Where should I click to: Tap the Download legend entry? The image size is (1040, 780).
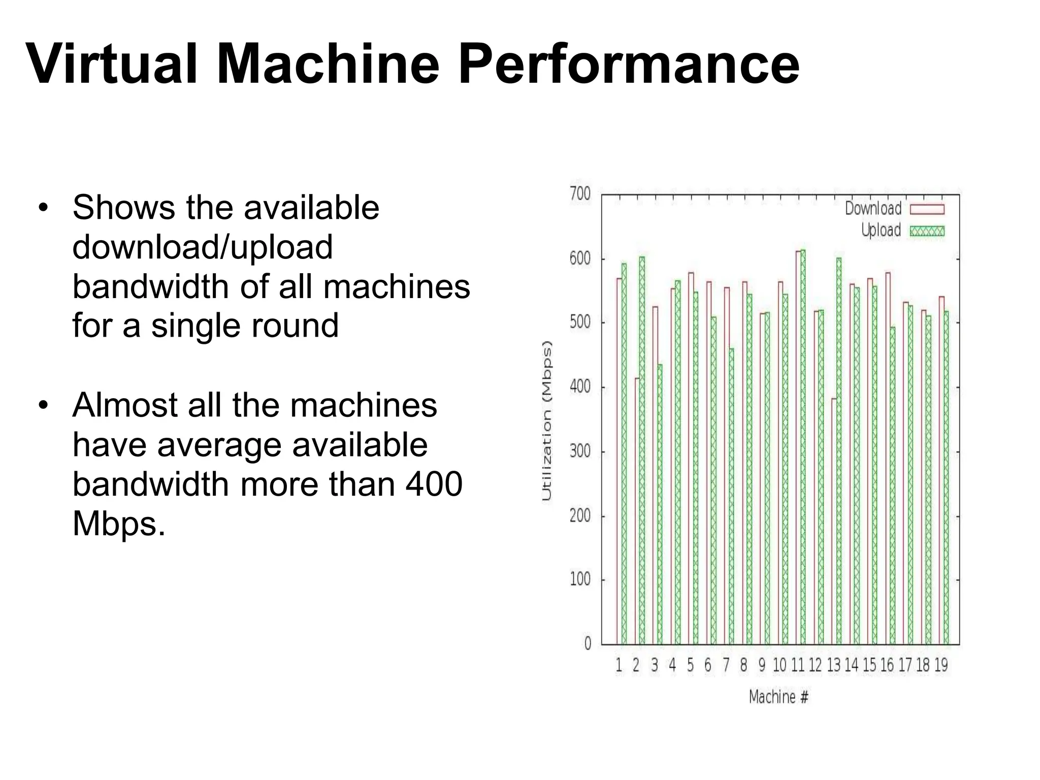(894, 209)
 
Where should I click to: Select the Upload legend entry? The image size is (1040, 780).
(902, 231)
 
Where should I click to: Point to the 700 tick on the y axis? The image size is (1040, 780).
(580, 194)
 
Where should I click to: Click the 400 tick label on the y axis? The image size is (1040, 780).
(580, 387)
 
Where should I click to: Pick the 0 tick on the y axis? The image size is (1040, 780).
(588, 644)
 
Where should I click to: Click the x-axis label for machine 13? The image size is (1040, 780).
(834, 665)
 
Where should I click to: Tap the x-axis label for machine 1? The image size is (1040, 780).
(619, 665)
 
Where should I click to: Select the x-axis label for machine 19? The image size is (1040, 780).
(941, 665)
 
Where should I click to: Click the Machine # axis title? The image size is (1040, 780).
(778, 697)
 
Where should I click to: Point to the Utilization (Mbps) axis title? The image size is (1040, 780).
(547, 420)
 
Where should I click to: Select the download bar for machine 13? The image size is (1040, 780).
(834, 523)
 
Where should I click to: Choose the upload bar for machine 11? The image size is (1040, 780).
(803, 447)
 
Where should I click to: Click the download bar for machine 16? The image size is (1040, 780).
(888, 457)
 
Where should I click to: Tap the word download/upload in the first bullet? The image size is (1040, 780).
(203, 247)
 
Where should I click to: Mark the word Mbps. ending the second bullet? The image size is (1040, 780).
(119, 524)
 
